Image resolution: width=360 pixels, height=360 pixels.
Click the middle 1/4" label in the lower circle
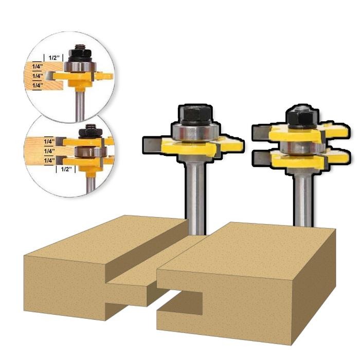click(x=49, y=151)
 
